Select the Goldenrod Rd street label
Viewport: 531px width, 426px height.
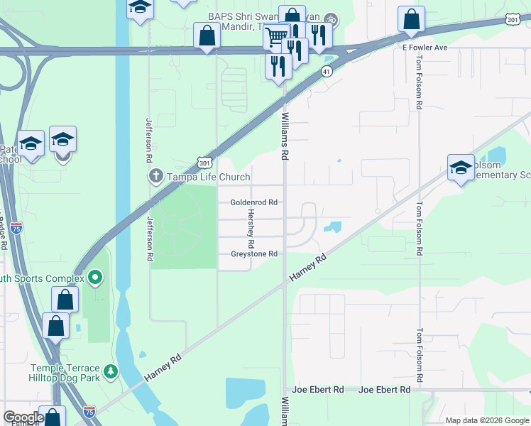coord(253,202)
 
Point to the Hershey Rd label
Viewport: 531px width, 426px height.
coord(251,229)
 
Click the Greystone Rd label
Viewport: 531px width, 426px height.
coord(253,254)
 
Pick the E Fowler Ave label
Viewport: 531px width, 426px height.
coord(425,48)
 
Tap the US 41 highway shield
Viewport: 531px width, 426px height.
coord(326,72)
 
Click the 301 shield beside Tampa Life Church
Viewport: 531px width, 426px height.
coord(204,163)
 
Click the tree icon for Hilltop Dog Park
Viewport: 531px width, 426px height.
coord(110,371)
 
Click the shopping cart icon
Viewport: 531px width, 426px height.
coord(276,35)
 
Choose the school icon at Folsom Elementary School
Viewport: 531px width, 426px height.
coord(461,168)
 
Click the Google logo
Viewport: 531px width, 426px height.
coord(23,417)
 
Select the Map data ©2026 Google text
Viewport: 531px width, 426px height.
coord(487,420)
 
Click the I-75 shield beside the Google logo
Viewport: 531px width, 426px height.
coord(89,412)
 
